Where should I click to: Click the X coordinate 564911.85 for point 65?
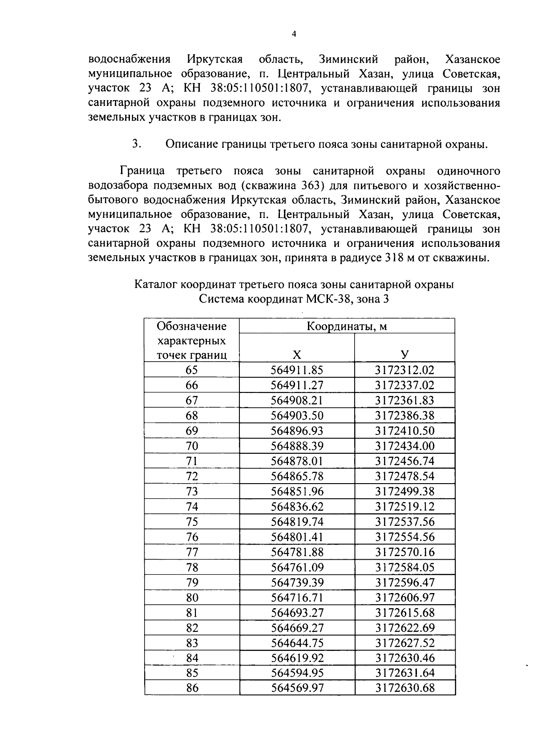[297, 370]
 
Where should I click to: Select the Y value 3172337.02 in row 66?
[404, 385]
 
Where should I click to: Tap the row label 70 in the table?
[192, 446]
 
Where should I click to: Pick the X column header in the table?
[297, 355]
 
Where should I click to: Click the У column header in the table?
[404, 355]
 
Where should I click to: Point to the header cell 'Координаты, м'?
[347, 327]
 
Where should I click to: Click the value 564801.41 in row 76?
[297, 537]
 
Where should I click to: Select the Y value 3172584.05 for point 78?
[404, 567]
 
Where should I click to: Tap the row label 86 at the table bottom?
[192, 688]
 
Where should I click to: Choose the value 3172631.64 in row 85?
[404, 673]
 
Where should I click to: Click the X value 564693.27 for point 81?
[297, 613]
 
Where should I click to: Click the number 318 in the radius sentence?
[392, 258]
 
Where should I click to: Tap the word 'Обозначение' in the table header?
[192, 327]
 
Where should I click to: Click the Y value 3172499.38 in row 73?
[404, 492]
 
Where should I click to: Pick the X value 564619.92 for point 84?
[297, 658]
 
